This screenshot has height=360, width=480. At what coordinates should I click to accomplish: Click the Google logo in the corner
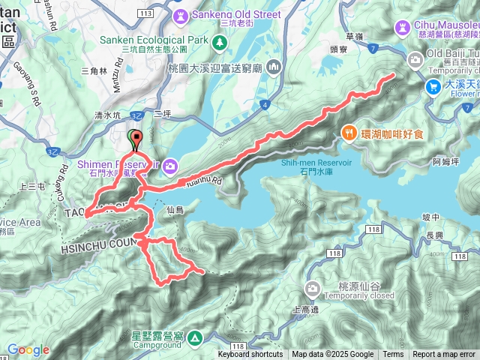coord(28,350)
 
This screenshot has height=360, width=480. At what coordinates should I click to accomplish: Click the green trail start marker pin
coord(136,138)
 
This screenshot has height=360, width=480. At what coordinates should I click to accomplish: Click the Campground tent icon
coord(195,338)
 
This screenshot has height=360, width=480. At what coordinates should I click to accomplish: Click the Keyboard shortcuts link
coord(250,355)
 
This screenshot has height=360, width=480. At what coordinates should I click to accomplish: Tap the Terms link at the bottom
coord(393,355)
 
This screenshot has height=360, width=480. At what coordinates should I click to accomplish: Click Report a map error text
coord(445,355)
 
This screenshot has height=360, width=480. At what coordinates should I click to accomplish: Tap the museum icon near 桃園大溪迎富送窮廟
coord(273,67)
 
